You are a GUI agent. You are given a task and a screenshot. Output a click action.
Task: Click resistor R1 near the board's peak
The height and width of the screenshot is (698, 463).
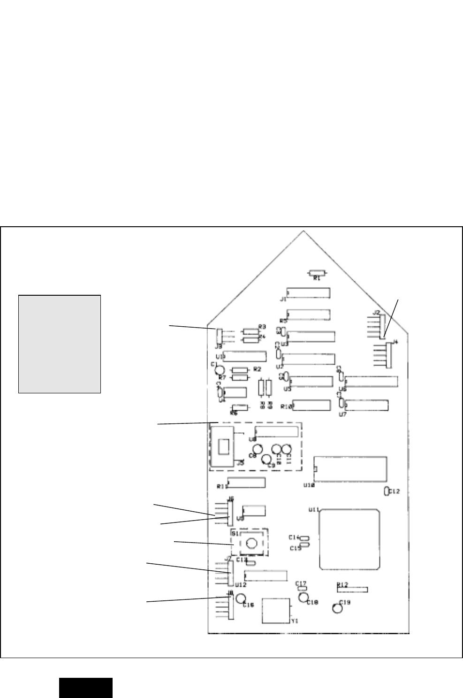coord(317,272)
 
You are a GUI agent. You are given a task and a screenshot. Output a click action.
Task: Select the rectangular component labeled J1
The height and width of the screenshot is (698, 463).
coord(309,293)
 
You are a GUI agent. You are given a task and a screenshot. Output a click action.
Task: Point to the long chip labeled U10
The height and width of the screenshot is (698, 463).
coord(351,469)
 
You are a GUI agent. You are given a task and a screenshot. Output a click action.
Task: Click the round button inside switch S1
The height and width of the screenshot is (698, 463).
coord(251,543)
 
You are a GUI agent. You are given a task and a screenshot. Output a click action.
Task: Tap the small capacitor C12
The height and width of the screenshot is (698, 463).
coord(386,491)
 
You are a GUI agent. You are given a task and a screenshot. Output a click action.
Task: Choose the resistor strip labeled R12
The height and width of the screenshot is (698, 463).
coord(352,589)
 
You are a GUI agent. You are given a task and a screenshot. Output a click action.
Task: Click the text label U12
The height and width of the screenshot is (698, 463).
coord(241,585)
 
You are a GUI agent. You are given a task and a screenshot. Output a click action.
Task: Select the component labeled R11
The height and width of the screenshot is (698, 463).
coord(246,483)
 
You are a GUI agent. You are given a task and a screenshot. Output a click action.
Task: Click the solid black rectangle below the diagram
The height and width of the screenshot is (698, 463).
coord(86,688)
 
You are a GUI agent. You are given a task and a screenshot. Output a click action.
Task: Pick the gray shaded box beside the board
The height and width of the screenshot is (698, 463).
coord(60,344)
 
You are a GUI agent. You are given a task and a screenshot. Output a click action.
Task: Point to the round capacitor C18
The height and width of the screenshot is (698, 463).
coord(303,597)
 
